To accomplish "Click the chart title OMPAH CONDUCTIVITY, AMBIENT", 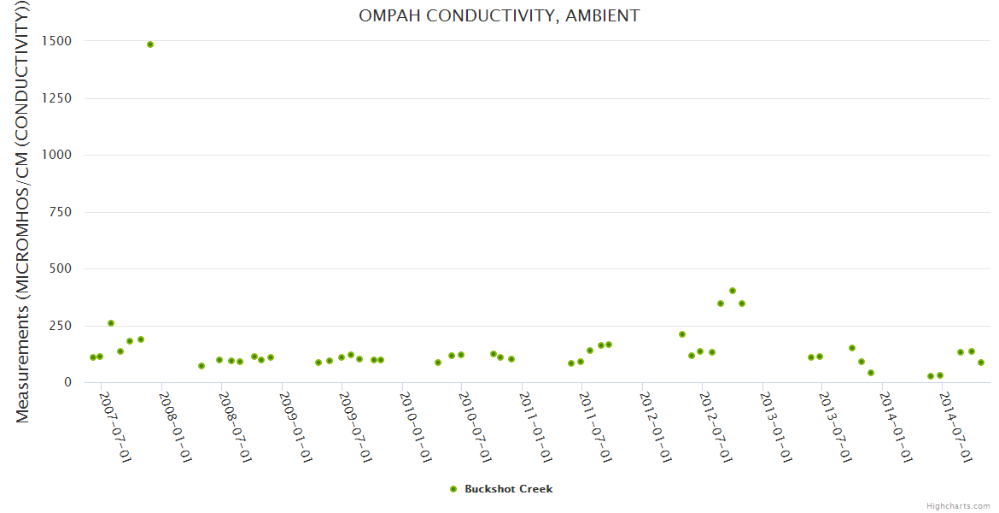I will pos(499,16).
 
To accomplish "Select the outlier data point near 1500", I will pos(150,44).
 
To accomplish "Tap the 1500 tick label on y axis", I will pos(54,41).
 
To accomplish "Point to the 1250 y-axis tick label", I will pos(54,98).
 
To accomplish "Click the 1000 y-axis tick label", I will pos(54,155).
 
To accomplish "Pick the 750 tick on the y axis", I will pos(58,212).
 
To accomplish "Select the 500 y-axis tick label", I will pos(58,268).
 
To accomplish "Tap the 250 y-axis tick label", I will pos(58,326).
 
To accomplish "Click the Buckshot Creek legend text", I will pos(508,489).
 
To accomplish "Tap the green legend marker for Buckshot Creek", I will pos(453,489).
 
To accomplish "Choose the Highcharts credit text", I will pos(958,505).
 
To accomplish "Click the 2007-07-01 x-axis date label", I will pos(115,427).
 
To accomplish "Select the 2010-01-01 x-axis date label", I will pos(415,427).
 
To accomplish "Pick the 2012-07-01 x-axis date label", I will pos(715,427).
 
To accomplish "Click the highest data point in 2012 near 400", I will pos(733,291).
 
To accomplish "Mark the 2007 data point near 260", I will pos(111,323).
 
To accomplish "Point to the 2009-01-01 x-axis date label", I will pos(295,427).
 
